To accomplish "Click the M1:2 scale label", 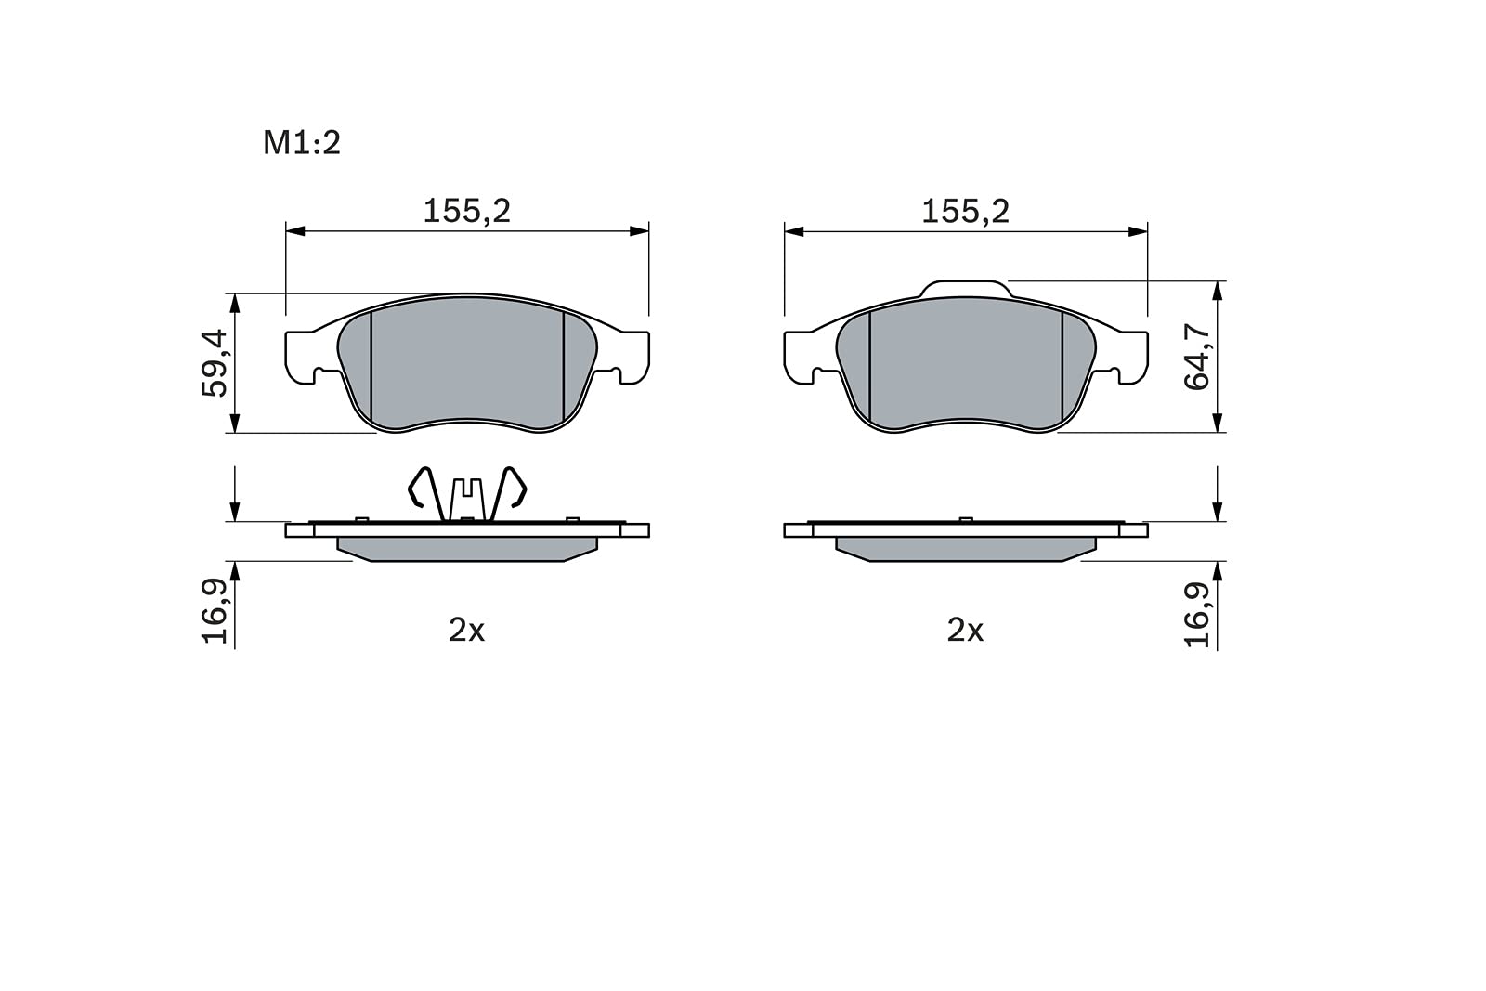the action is (x=302, y=143).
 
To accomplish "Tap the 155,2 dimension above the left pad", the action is (x=467, y=212).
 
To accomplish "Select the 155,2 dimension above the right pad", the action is (x=965, y=212).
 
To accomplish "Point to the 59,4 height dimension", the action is (x=215, y=363).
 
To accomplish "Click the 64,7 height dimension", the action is (x=1197, y=357).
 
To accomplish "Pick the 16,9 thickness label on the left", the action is (x=215, y=611).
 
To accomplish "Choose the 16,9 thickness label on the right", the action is (x=1197, y=614).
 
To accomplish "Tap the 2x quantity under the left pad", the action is (x=466, y=630).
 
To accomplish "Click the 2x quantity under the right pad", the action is (x=965, y=630).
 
